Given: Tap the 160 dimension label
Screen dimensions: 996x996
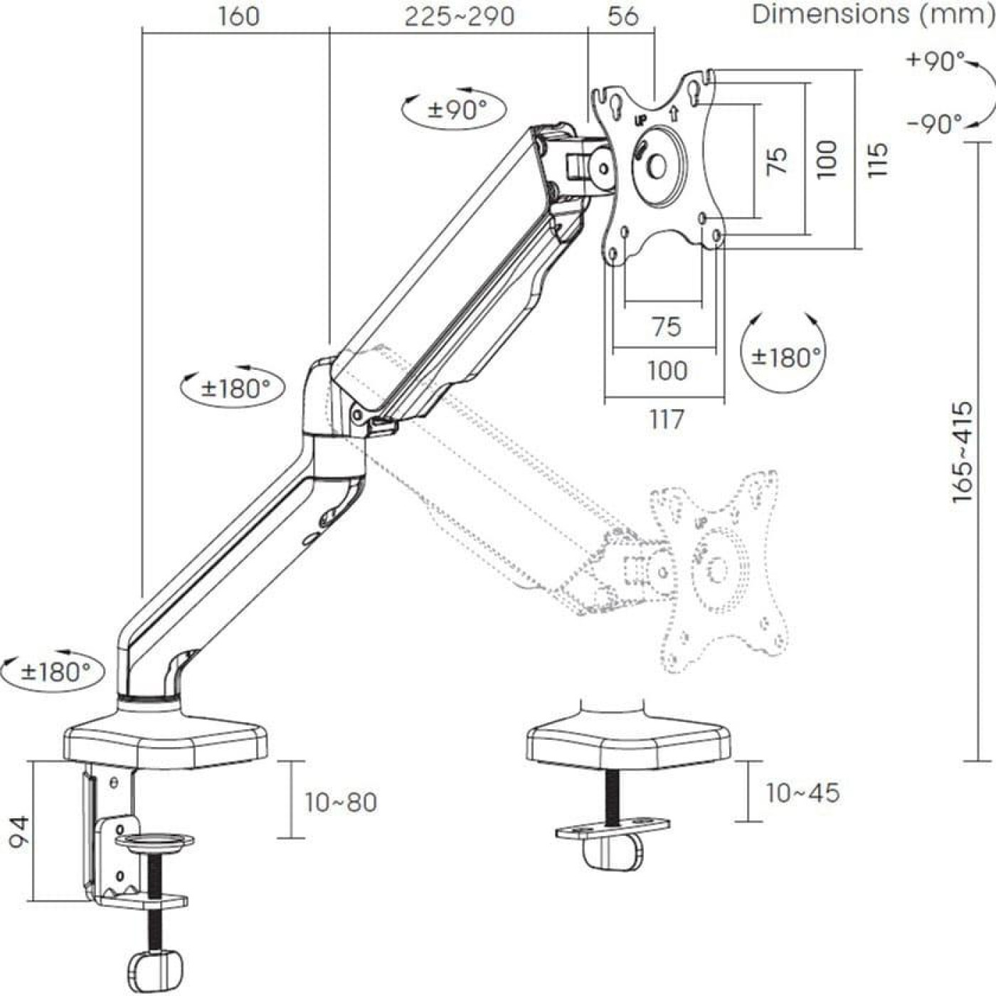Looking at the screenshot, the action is coord(238,16).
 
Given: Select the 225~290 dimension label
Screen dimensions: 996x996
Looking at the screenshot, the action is coord(459,16).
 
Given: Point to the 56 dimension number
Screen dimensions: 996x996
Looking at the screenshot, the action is coord(623,16).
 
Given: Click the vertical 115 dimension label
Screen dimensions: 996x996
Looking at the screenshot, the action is coord(878,160).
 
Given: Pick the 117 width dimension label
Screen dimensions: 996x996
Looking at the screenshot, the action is coord(667,419).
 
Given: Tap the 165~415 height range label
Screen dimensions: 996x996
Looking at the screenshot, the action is coord(963,452).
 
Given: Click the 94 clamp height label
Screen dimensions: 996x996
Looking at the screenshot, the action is coord(19,832).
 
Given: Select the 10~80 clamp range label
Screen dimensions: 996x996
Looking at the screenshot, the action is coord(341,802).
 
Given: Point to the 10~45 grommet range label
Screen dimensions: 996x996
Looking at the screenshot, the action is coord(802,793).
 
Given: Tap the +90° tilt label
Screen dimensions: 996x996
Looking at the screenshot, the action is coord(936,61).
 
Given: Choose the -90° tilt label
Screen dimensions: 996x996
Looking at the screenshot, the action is coord(935,124).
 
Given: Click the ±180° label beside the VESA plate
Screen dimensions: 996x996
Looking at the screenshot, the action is coord(783,356).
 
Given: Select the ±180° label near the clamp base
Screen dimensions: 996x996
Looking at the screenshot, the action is coord(55,672).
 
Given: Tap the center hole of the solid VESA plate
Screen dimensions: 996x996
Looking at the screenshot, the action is coord(657,166).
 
